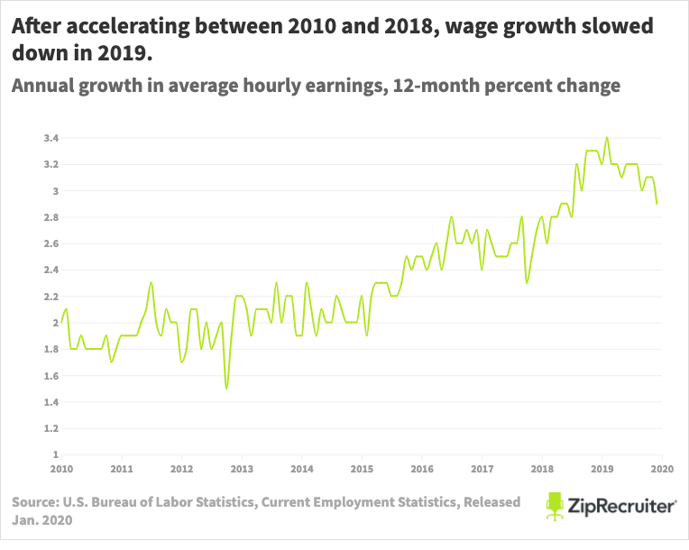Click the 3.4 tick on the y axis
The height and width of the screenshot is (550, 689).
pyautogui.click(x=51, y=138)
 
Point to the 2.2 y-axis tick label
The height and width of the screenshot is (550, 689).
pyautogui.click(x=51, y=296)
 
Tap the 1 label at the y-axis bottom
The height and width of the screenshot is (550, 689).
pyautogui.click(x=55, y=454)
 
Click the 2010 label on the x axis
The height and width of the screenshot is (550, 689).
pyautogui.click(x=61, y=469)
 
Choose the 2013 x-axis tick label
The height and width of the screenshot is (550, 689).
pyautogui.click(x=241, y=469)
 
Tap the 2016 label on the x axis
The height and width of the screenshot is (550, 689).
pyautogui.click(x=421, y=469)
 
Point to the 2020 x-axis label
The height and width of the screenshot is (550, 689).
pyautogui.click(x=662, y=469)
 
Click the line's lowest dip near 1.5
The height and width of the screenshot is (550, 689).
pyautogui.click(x=226, y=389)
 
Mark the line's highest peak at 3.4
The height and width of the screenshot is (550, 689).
pyautogui.click(x=607, y=138)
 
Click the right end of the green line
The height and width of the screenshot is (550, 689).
pyautogui.click(x=657, y=204)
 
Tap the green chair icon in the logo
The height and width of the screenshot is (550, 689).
pyautogui.click(x=555, y=506)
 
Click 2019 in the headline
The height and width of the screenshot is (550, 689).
pyautogui.click(x=122, y=54)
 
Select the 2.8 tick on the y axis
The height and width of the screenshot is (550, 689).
pyautogui.click(x=51, y=217)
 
